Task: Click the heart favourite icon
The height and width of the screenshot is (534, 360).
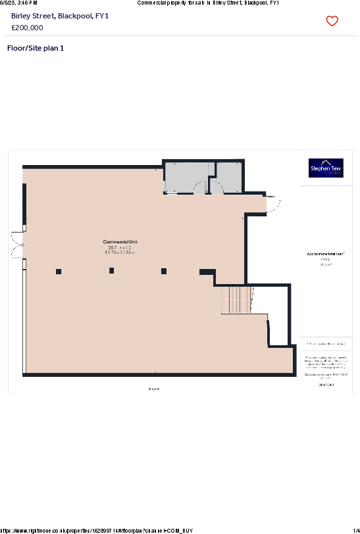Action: tap(332, 21)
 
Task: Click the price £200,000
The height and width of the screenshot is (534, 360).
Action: tap(27, 28)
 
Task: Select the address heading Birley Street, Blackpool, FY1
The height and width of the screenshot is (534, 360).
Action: tap(60, 15)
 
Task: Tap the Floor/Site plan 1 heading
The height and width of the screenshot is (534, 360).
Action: tap(35, 48)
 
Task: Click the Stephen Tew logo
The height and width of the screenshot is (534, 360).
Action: tap(326, 168)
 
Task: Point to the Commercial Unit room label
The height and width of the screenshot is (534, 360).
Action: tap(120, 242)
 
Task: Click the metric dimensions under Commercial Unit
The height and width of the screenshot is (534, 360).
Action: tap(120, 252)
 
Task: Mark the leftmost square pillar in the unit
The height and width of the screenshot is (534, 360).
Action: tap(59, 271)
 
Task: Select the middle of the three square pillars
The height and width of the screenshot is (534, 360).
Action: tap(112, 270)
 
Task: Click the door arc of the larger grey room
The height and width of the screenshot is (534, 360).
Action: tap(199, 189)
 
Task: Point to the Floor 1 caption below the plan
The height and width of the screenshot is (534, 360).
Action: tap(154, 389)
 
